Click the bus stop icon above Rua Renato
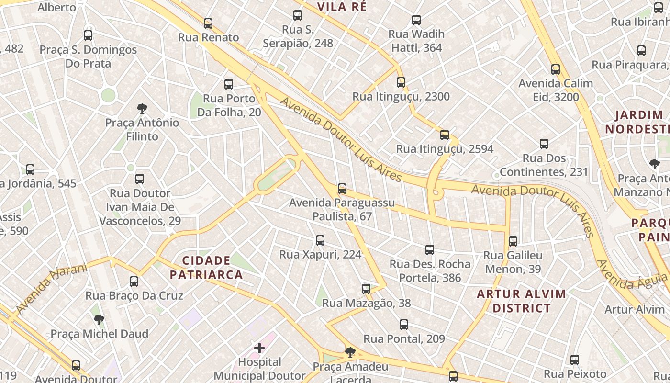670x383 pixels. (x=208, y=23)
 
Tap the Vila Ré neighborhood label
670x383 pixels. (x=342, y=7)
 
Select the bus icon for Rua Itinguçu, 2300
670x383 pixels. (x=401, y=82)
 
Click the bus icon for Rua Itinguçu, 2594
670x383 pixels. (x=445, y=135)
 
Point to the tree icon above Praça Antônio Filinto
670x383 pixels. (x=142, y=109)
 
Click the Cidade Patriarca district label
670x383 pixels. (x=206, y=268)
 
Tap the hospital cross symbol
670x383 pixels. (x=259, y=348)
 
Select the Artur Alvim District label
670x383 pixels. (x=521, y=301)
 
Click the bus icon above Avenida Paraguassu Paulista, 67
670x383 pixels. (x=342, y=189)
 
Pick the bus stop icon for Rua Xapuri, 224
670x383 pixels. (x=320, y=240)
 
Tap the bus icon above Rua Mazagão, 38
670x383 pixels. (x=366, y=289)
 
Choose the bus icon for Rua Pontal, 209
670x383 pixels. (x=404, y=325)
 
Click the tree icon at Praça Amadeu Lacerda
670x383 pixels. (x=350, y=353)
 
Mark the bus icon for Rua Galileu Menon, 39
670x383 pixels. (x=513, y=241)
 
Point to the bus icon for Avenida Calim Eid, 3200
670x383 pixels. (x=556, y=69)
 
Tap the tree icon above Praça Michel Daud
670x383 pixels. (x=99, y=320)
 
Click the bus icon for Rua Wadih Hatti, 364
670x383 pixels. (x=416, y=20)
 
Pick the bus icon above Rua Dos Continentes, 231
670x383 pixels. (x=544, y=144)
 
